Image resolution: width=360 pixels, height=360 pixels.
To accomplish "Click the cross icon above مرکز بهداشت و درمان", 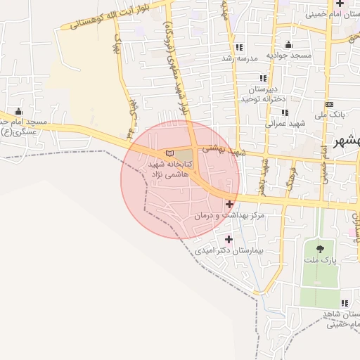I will (x=229, y=204).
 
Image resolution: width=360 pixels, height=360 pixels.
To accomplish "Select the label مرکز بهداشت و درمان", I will (x=230, y=216).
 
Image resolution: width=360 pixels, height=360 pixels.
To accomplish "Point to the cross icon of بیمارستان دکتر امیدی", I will (x=229, y=239).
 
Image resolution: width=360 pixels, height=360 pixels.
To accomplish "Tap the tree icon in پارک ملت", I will (x=321, y=248).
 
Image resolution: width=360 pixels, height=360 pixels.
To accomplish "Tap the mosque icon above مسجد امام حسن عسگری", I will (x=18, y=112).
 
